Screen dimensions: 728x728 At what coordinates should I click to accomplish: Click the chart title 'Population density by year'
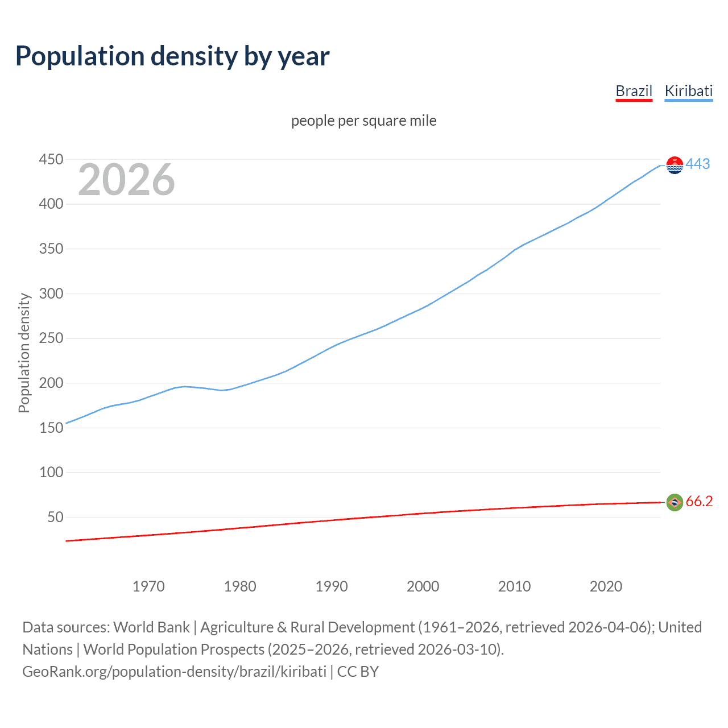pos(172,56)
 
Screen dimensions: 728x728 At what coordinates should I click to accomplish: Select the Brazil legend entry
pos(634,91)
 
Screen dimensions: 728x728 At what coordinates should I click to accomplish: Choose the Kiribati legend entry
pos(688,91)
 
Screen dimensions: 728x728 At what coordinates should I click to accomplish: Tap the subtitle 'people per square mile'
pos(363,121)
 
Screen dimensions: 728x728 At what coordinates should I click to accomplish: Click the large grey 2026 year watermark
pos(126,180)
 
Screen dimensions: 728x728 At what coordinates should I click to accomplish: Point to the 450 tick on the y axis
pos(51,159)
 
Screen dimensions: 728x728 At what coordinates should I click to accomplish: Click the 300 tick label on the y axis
pos(51,293)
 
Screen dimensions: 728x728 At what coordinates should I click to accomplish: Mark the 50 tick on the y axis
pos(55,517)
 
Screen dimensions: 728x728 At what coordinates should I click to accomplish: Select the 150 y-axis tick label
pos(51,428)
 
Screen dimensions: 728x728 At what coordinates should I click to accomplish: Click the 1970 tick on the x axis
pos(148,586)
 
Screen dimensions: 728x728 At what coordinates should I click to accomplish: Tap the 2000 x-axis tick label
pos(423,586)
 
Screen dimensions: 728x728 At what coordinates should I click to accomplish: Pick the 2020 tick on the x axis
pos(606,586)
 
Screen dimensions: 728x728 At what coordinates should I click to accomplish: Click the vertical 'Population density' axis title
pos(24,353)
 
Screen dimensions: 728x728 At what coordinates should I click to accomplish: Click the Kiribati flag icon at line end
pos(675,165)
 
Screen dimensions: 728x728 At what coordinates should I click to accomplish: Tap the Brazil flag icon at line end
pos(675,502)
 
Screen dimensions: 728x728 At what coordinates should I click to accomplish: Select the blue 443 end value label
pos(698,164)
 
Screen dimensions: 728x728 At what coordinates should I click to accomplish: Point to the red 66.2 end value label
pos(699,501)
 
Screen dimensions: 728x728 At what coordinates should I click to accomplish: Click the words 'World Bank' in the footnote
pos(151,627)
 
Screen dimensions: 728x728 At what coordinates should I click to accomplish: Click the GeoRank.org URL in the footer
pos(174,672)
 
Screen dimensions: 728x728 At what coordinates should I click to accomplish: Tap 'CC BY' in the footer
pos(358,672)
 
